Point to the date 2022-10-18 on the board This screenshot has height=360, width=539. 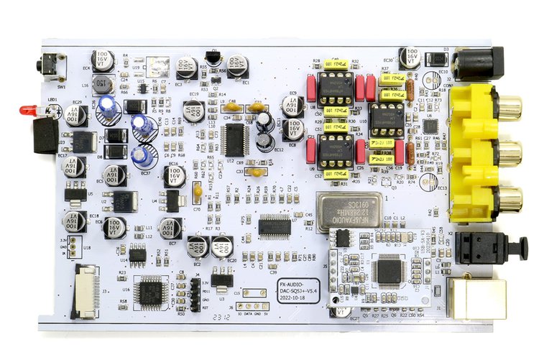click(x=296, y=303)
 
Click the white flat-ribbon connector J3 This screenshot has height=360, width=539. click(x=86, y=291)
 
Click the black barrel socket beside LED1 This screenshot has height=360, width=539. click(x=46, y=135)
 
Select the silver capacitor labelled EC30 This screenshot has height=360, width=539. click(x=411, y=57)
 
